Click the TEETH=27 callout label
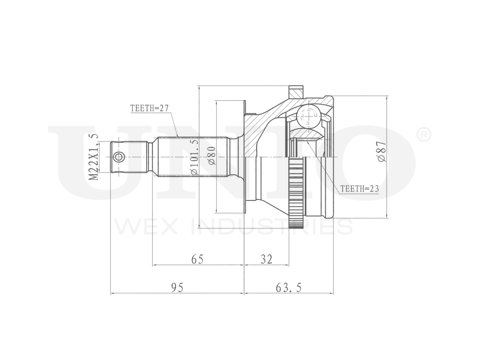(x=149, y=108)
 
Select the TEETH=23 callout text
(x=359, y=189)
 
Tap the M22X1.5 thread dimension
(x=93, y=157)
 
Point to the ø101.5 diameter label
(x=194, y=157)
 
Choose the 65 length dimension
(x=198, y=259)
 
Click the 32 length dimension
(x=266, y=259)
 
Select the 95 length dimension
(x=177, y=288)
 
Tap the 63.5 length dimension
(x=288, y=288)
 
